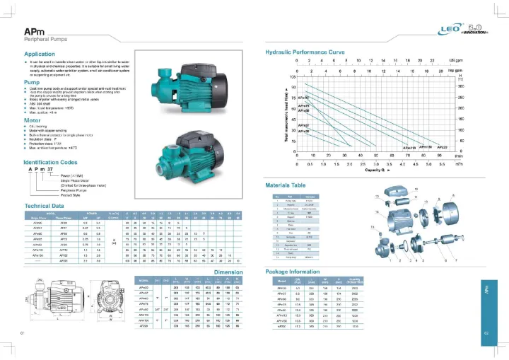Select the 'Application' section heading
point(40,54)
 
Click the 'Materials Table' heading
point(287,185)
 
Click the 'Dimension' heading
point(228,271)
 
